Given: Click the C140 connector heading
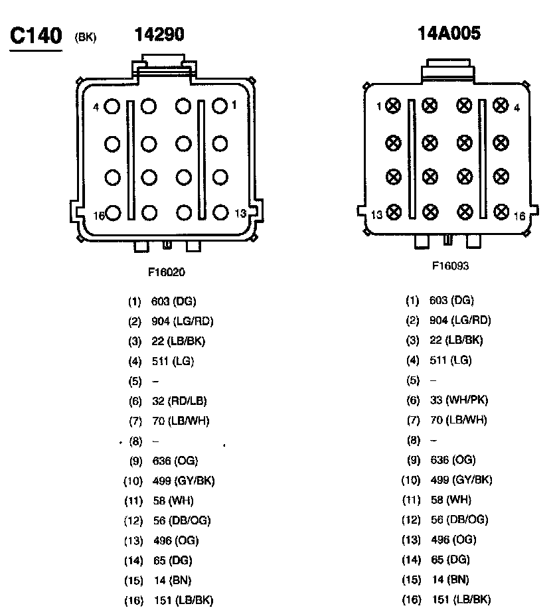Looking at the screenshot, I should (35, 36).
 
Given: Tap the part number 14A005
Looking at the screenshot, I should (449, 34).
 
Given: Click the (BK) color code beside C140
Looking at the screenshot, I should (86, 37).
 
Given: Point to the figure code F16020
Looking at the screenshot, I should (167, 271).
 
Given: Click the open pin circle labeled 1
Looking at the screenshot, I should (220, 106).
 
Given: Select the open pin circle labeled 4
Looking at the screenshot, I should (112, 106).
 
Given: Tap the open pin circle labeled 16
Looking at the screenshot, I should (112, 212).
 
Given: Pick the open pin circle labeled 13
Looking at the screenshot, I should (220, 212).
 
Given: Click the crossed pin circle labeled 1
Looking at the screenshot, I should (394, 105).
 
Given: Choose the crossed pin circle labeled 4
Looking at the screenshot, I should (501, 105).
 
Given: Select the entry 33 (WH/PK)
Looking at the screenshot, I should (459, 400).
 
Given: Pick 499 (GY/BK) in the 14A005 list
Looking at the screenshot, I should (461, 480).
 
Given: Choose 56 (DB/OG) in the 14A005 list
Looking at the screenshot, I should (459, 520).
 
